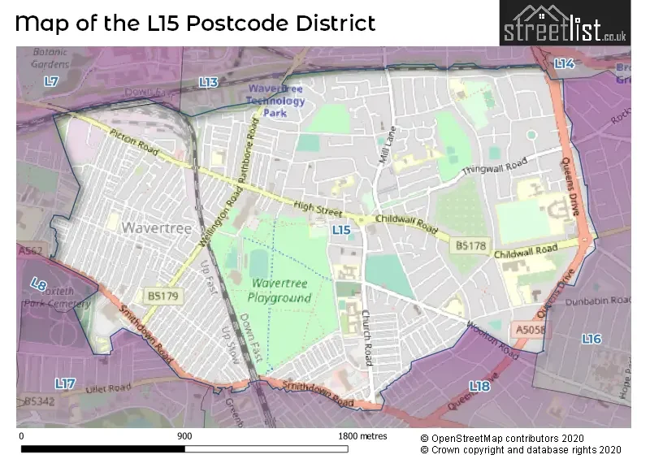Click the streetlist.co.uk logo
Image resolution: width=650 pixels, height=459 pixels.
point(565,24)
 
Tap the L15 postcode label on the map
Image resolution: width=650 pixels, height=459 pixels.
point(341,231)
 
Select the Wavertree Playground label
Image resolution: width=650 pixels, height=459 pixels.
point(280,290)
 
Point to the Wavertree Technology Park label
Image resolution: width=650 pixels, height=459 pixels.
point(275,101)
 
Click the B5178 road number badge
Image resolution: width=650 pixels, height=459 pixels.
point(470,245)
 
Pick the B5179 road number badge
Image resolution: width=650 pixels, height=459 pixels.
point(163,295)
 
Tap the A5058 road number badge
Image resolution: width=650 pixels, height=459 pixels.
point(529,330)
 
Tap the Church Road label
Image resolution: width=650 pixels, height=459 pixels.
point(367,327)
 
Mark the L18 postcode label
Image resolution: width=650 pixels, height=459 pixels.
point(479,387)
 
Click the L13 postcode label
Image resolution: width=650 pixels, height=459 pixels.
point(209,82)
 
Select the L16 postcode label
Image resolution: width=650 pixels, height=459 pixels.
point(591,339)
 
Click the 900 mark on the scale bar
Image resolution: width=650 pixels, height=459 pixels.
point(184,436)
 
